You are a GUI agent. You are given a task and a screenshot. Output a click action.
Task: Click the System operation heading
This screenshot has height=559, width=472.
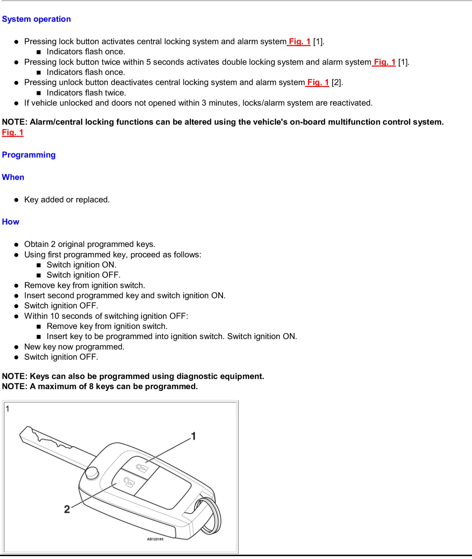[x=36, y=19]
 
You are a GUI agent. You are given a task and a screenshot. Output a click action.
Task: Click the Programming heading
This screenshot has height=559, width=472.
[x=29, y=155]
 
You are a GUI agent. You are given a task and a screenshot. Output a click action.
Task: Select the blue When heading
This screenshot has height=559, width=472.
[x=13, y=177]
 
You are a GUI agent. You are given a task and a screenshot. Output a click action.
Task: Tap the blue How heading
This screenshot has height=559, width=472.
[x=11, y=222]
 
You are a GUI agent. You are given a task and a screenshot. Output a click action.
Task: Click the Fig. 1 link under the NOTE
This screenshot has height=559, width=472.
[x=13, y=133]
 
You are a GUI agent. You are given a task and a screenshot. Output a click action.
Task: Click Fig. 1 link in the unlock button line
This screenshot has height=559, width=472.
[x=318, y=83]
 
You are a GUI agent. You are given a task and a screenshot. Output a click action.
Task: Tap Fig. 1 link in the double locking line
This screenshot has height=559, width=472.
[x=384, y=62]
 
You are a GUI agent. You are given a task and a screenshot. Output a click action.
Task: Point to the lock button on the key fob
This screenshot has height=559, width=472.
[x=141, y=467]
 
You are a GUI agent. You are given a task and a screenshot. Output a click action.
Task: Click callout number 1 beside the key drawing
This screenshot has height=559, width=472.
[x=193, y=436]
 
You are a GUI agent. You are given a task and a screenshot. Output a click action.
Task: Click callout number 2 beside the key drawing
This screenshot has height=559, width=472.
[x=67, y=509]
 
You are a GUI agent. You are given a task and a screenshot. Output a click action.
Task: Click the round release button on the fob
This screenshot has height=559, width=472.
[x=92, y=473]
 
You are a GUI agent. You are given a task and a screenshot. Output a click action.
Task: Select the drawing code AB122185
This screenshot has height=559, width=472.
[x=155, y=539]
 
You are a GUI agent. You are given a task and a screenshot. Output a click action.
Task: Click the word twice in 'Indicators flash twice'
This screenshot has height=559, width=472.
[x=115, y=93]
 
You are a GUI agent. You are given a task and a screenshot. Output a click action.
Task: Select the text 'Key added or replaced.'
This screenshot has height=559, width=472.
[x=67, y=200]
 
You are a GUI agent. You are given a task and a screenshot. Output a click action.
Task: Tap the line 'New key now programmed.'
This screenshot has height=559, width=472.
[x=74, y=347]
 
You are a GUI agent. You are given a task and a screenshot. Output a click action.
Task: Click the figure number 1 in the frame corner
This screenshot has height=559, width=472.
[x=8, y=409]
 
